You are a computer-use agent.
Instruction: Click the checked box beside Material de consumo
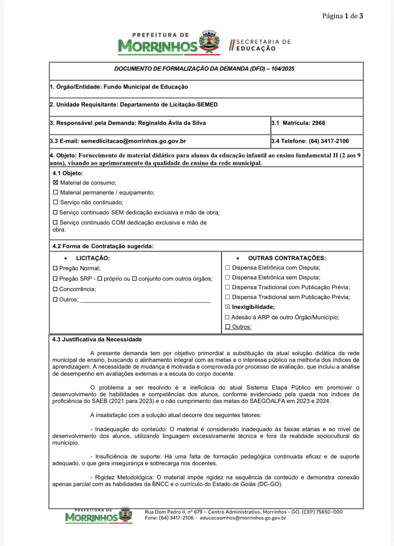point(56,183)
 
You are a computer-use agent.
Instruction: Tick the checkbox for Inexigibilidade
point(227,307)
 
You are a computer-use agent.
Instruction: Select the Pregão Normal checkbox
point(55,268)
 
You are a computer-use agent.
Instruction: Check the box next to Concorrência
point(55,289)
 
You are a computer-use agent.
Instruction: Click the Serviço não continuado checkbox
point(56,202)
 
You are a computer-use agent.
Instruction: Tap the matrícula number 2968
point(319,123)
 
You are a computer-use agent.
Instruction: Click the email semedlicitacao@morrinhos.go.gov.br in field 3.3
point(133,141)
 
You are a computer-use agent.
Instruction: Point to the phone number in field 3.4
point(329,141)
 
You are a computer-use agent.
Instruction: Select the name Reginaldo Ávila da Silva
point(172,123)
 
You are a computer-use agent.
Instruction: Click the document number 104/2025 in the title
point(283,69)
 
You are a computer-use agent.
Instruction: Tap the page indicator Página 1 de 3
point(342,16)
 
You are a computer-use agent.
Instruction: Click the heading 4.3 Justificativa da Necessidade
point(97,339)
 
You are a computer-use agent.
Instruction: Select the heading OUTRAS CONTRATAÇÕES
point(287,258)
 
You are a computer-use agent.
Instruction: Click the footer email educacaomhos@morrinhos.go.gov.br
point(243,518)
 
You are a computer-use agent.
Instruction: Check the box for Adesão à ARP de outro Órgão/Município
point(227,317)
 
